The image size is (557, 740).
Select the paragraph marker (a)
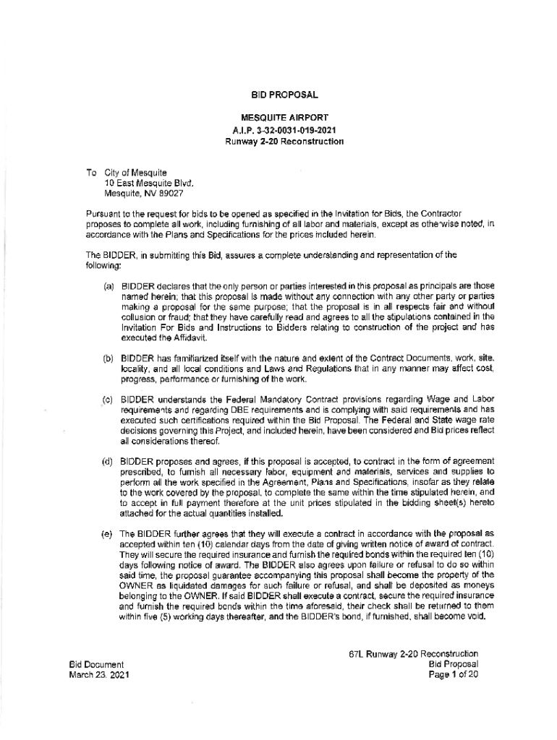(109, 287)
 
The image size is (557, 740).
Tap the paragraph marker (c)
(109, 398)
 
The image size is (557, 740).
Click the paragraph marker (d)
(109, 460)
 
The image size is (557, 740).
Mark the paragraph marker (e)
(109, 533)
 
